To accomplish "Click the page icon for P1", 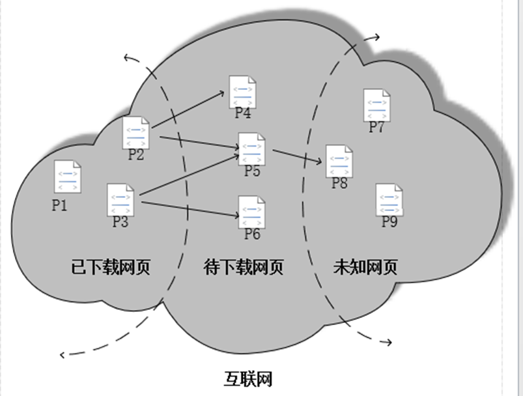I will (67, 177).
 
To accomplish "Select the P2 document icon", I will (136, 132).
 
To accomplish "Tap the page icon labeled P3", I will (120, 200).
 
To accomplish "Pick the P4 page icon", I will (243, 92).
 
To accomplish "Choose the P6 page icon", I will (252, 212).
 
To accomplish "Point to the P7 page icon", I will (376, 105).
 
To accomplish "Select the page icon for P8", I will (339, 162).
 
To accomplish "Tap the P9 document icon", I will (389, 200).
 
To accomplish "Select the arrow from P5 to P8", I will (298, 157).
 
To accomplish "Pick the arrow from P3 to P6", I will (189, 209).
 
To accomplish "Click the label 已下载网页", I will (111, 267).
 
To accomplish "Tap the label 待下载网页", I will (244, 267).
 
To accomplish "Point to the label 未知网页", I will (365, 267).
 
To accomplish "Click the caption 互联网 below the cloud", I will (248, 378).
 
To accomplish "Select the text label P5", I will (252, 171).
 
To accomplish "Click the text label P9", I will (389, 222).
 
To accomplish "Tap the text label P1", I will (60, 205).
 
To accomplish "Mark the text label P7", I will (376, 127).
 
